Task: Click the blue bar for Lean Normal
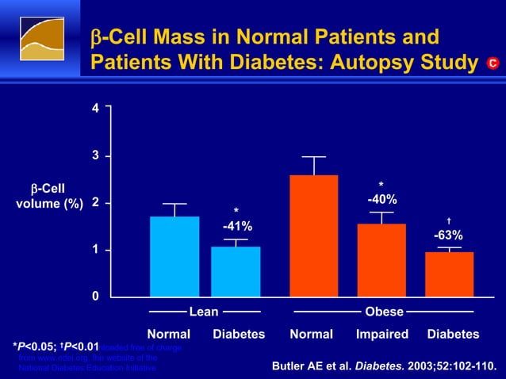tap(174, 256)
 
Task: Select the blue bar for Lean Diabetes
tap(236, 271)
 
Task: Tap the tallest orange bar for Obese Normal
tap(313, 235)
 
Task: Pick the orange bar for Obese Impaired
tap(381, 260)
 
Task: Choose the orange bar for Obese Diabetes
tap(449, 274)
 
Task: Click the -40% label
tap(381, 199)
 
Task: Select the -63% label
tap(448, 235)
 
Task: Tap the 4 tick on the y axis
tap(95, 108)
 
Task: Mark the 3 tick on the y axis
tap(95, 155)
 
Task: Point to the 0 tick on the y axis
tap(95, 297)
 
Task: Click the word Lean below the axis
tap(204, 312)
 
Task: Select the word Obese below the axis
tap(384, 312)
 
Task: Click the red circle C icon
tap(492, 63)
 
